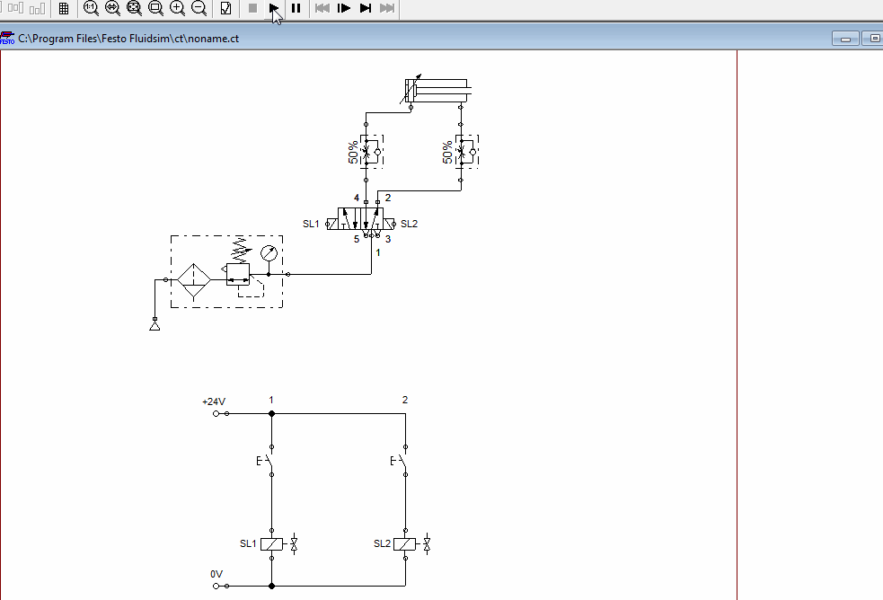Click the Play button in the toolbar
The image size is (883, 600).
[274, 8]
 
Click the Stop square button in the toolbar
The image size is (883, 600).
[252, 8]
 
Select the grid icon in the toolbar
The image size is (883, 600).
[63, 8]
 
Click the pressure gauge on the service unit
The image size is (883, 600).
[269, 253]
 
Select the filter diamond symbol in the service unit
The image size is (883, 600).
[193, 280]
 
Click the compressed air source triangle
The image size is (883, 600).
[155, 326]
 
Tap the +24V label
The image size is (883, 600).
[214, 401]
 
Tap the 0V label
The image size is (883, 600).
[216, 574]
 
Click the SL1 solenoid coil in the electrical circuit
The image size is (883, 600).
[272, 544]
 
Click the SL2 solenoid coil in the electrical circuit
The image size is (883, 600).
[405, 544]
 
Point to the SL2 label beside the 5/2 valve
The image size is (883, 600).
[409, 224]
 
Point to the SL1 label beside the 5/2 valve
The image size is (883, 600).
[311, 224]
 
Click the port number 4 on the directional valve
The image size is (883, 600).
[357, 198]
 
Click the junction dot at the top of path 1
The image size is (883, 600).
[272, 413]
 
